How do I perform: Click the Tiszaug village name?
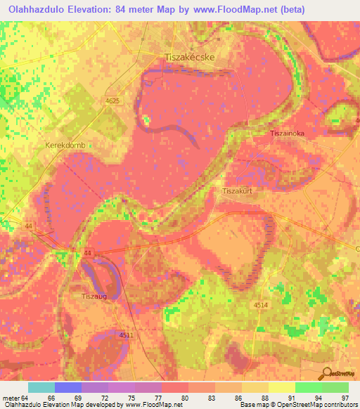(x=93, y=297)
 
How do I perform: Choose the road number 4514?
(x=261, y=304)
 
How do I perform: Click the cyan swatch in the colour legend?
(x=41, y=387)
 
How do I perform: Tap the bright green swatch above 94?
(x=308, y=387)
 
